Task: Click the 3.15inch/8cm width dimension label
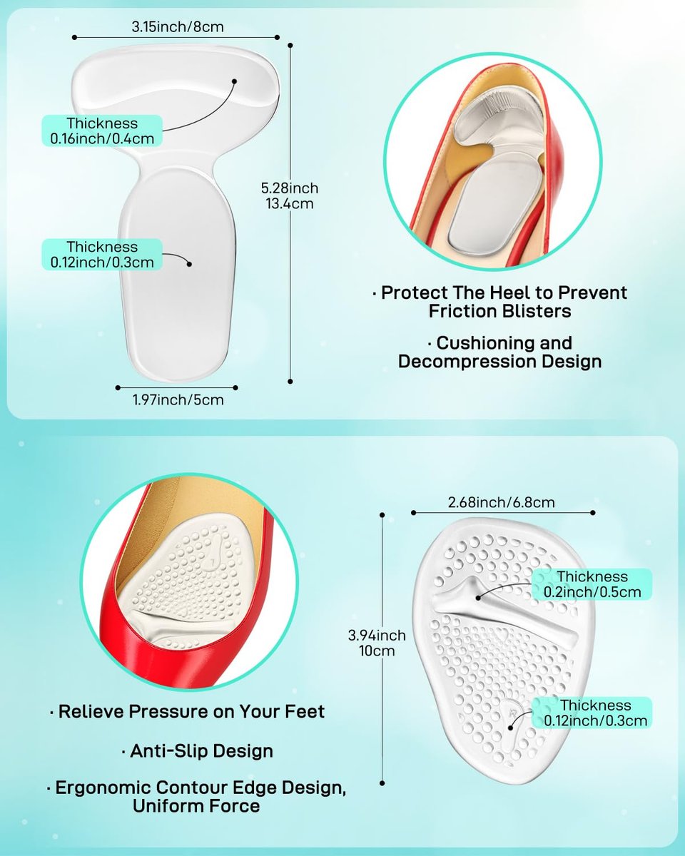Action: coord(178,27)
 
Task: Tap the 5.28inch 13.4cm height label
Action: coord(290,195)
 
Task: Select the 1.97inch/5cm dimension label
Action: coord(178,399)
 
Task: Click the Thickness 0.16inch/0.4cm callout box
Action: coord(102,131)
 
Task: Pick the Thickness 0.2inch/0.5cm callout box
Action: coord(592,584)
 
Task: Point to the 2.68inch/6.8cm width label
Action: coord(501,502)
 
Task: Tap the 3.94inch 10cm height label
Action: coord(377,643)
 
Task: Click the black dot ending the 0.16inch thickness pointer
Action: coord(235,81)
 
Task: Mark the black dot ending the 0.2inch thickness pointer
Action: coord(478,598)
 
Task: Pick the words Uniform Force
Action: coord(196,806)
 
